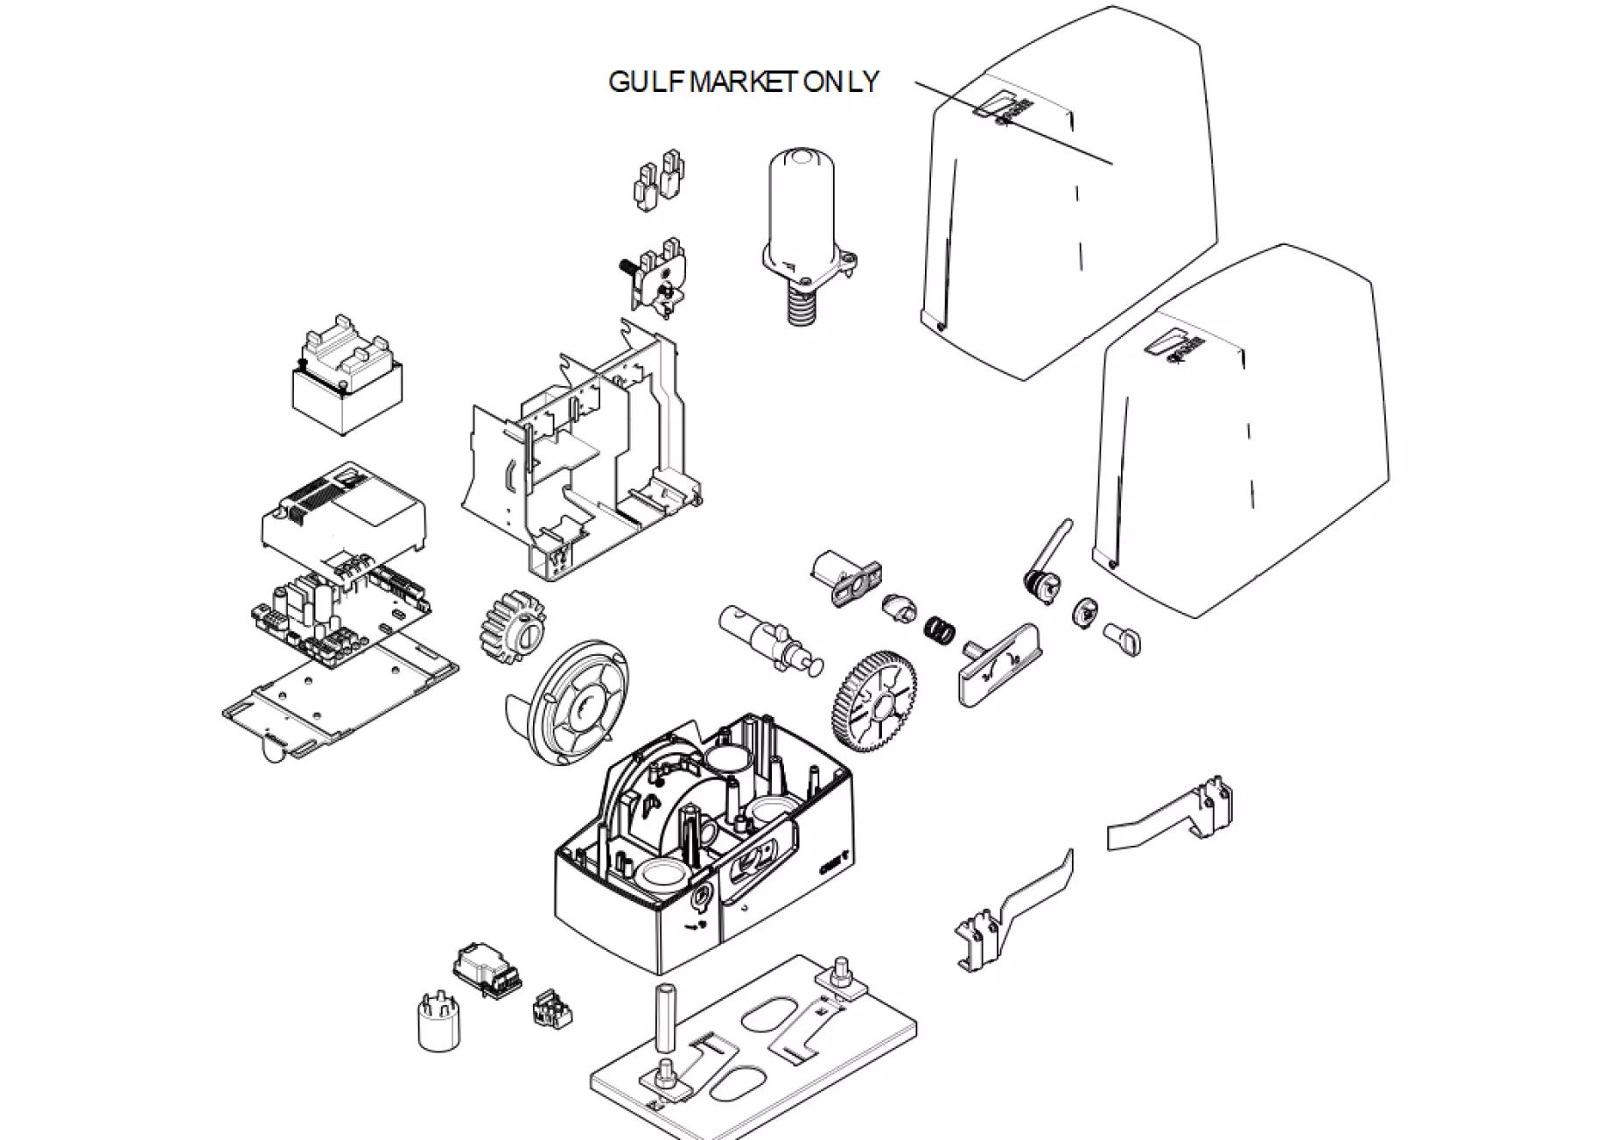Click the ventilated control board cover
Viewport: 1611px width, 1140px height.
tap(343, 513)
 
